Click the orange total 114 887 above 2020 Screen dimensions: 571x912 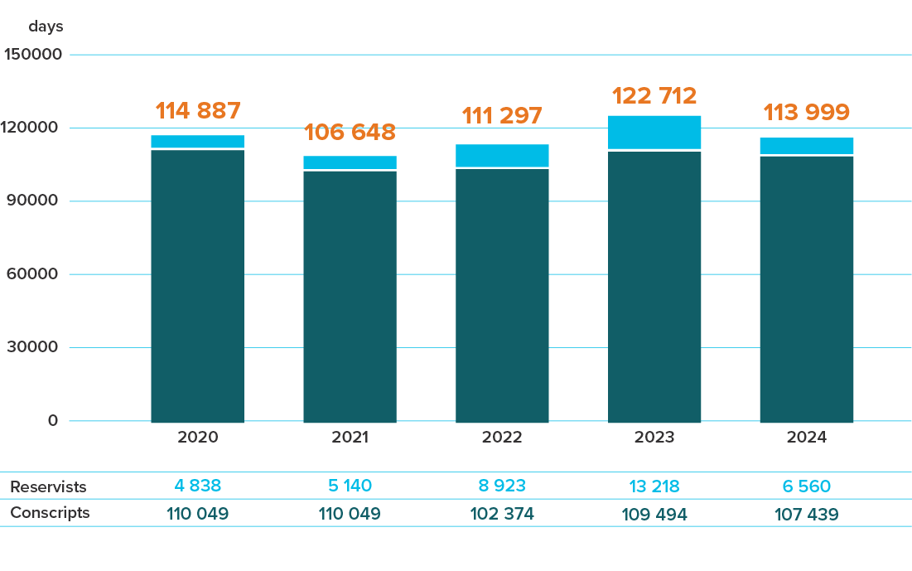pyautogui.click(x=198, y=110)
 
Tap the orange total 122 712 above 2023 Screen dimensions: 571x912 pyautogui.click(x=654, y=96)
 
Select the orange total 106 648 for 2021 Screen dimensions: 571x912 pyautogui.click(x=350, y=132)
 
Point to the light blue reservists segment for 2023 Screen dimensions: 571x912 pyautogui.click(x=654, y=132)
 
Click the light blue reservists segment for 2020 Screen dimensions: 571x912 pyautogui.click(x=198, y=141)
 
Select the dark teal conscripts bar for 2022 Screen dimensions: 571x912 pyautogui.click(x=502, y=294)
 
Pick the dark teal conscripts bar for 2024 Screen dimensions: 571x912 pyautogui.click(x=807, y=288)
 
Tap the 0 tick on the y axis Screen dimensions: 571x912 pyautogui.click(x=53, y=420)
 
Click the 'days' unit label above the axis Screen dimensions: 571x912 pyautogui.click(x=46, y=27)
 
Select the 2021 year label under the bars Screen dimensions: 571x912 pyautogui.click(x=350, y=437)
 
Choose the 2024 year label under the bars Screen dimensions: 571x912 pyautogui.click(x=807, y=437)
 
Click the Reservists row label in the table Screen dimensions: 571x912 pyautogui.click(x=48, y=486)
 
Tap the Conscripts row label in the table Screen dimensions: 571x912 pyautogui.click(x=50, y=513)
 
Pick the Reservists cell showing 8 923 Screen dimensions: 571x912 pyautogui.click(x=502, y=486)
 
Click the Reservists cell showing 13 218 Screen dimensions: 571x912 pyautogui.click(x=654, y=486)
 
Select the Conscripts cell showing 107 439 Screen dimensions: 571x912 pyautogui.click(x=807, y=514)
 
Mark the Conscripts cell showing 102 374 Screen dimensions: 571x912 pyautogui.click(x=502, y=514)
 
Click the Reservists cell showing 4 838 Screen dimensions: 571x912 pyautogui.click(x=198, y=486)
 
